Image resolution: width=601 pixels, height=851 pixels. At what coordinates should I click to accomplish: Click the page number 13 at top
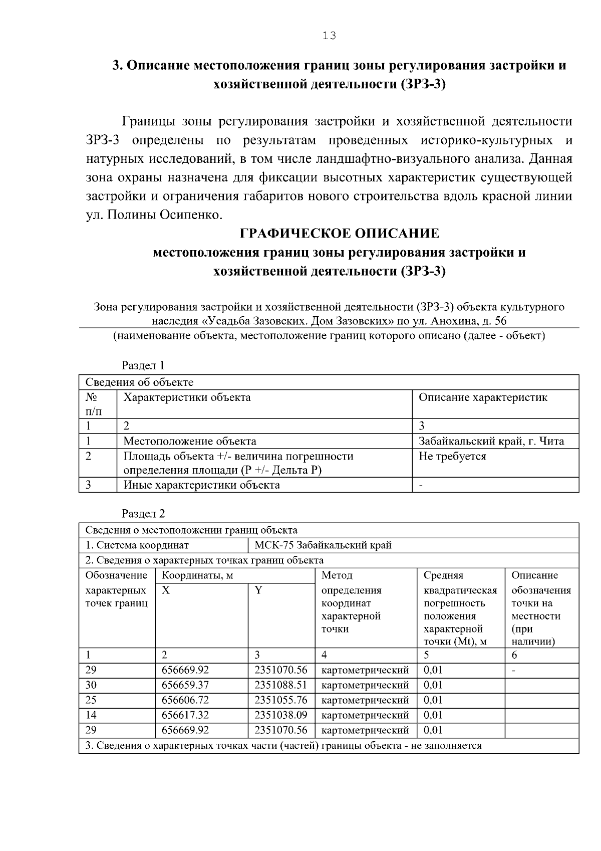click(x=329, y=36)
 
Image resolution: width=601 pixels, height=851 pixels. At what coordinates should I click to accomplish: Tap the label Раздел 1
click(x=143, y=365)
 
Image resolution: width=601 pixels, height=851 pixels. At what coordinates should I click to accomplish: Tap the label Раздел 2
click(x=143, y=513)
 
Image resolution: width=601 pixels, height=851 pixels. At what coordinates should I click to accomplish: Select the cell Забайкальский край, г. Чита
click(x=491, y=441)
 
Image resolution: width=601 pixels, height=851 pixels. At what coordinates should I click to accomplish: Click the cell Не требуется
click(x=452, y=456)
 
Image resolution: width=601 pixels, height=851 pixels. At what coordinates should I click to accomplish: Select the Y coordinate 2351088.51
click(x=280, y=685)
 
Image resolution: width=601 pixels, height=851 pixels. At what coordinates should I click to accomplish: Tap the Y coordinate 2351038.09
click(x=280, y=715)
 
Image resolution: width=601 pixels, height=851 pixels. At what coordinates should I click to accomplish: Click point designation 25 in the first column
click(x=91, y=700)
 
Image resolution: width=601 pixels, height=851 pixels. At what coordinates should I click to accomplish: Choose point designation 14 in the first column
click(x=91, y=715)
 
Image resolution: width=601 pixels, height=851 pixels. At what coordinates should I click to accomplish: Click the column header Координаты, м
click(x=197, y=575)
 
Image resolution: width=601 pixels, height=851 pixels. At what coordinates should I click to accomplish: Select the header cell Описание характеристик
click(x=483, y=397)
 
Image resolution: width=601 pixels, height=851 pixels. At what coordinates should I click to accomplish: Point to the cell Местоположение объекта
click(x=190, y=441)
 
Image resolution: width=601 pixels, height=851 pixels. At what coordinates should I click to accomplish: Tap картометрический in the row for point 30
click(x=365, y=685)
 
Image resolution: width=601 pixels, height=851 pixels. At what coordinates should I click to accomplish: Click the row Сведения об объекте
click(x=139, y=382)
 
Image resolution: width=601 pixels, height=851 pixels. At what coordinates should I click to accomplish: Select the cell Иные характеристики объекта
click(x=201, y=485)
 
